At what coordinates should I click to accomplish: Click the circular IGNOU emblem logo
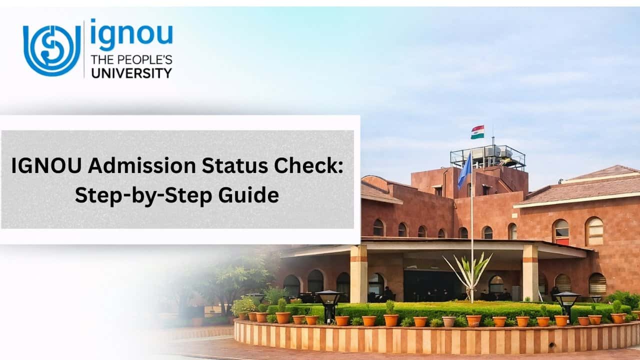click(52, 50)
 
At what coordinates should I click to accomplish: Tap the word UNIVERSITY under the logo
click(131, 73)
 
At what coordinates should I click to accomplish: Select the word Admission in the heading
click(142, 165)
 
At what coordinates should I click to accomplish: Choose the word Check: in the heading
click(308, 165)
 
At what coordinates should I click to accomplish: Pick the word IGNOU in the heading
click(46, 165)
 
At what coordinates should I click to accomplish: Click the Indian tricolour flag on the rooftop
click(477, 132)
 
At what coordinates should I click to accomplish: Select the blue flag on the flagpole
click(465, 170)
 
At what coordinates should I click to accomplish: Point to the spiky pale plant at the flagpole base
click(467, 275)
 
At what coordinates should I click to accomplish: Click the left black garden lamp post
click(329, 306)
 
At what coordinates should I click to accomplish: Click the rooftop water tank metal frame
click(488, 157)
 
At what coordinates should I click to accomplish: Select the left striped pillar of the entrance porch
click(358, 273)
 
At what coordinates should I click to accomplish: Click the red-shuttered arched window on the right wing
click(560, 232)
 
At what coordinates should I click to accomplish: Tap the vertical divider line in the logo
click(84, 49)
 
